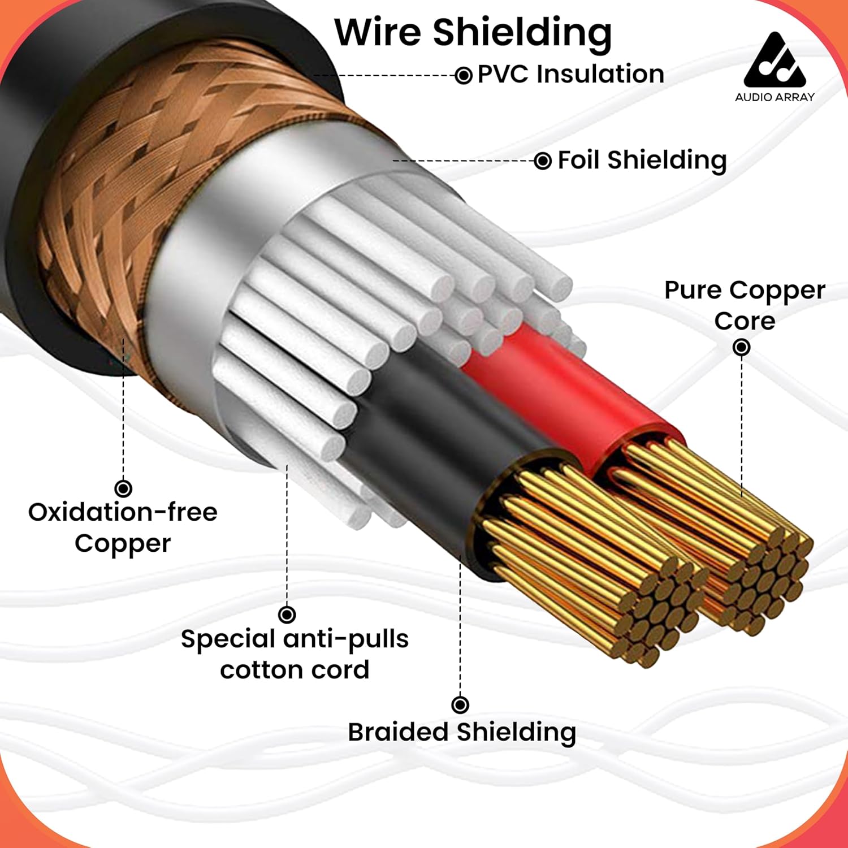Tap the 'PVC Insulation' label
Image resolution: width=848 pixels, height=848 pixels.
click(x=570, y=74)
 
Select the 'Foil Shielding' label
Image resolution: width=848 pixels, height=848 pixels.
click(x=642, y=160)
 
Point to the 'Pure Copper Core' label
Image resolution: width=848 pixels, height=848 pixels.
click(x=744, y=305)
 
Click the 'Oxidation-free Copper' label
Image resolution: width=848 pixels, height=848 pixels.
click(x=123, y=527)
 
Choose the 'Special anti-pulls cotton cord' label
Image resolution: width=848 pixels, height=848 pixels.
click(x=295, y=654)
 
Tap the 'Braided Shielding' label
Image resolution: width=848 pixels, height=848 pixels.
click(x=461, y=732)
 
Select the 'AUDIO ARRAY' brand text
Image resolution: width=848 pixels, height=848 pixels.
click(x=774, y=97)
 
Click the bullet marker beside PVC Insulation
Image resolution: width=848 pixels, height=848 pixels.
click(x=464, y=75)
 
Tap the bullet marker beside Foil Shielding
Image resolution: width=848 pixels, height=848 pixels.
click(x=543, y=161)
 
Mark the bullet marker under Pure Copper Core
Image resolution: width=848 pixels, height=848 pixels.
click(x=741, y=347)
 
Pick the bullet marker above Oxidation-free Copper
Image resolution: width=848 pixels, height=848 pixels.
click(x=123, y=488)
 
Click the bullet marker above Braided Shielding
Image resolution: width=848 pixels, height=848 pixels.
click(x=460, y=704)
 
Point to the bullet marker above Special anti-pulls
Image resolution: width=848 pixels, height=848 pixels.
click(x=287, y=614)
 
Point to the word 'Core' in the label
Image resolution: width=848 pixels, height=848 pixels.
click(x=744, y=321)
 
